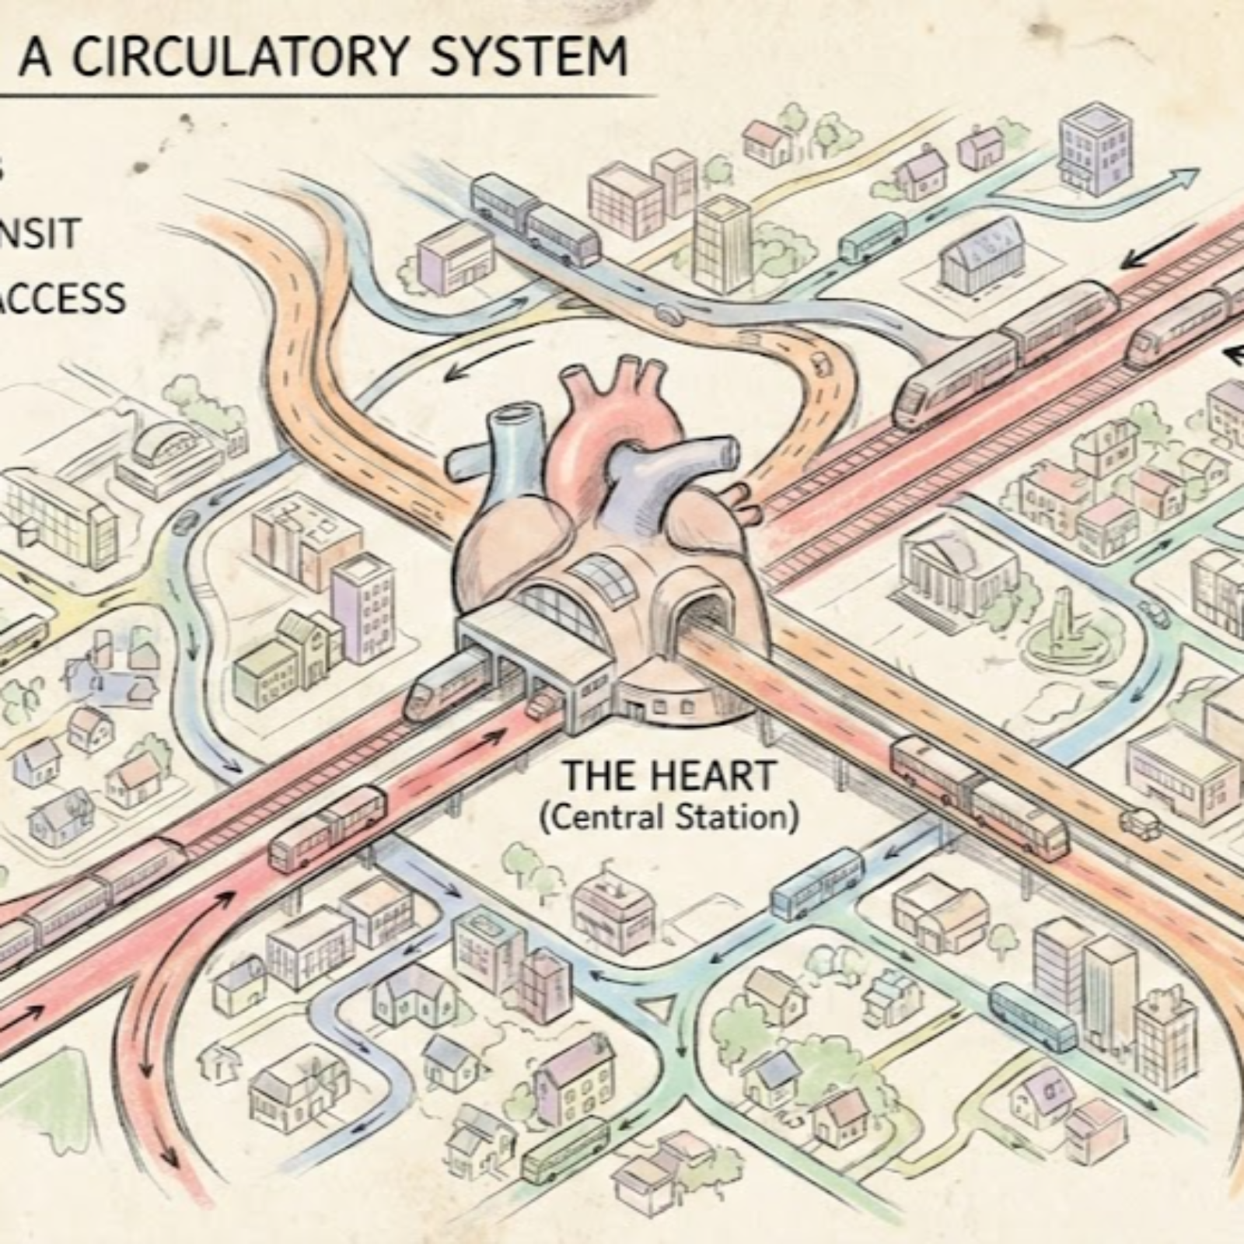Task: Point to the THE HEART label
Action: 669,775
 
